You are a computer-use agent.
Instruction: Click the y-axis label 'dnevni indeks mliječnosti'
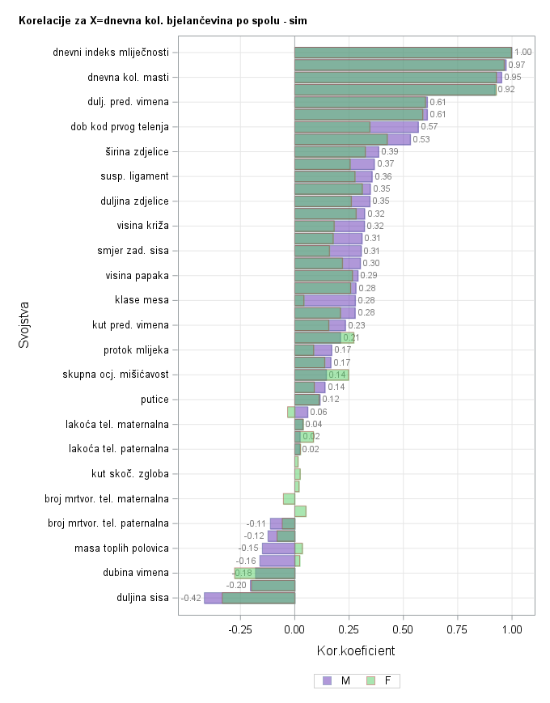(x=111, y=53)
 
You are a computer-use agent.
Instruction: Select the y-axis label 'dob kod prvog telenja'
(x=120, y=127)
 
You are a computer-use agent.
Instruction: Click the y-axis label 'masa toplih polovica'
(x=121, y=548)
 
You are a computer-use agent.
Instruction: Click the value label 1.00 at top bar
(x=522, y=53)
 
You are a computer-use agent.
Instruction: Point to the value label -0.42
(x=191, y=599)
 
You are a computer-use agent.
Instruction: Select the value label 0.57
(x=429, y=127)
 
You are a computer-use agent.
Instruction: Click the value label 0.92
(x=506, y=90)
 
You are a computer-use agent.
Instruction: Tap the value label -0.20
(x=236, y=586)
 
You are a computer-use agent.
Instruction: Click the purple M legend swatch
(x=327, y=681)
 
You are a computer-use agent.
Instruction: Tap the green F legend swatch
(x=371, y=681)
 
